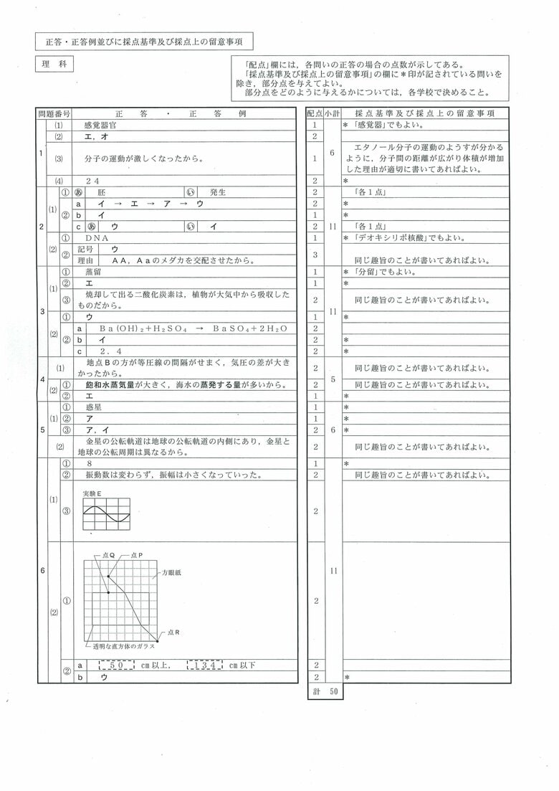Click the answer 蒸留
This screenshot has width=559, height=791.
click(x=93, y=273)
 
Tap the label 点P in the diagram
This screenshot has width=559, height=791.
click(x=137, y=555)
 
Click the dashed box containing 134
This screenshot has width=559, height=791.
click(x=207, y=666)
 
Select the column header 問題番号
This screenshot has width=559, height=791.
click(x=54, y=113)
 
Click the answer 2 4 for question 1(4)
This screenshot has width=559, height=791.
click(x=92, y=181)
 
